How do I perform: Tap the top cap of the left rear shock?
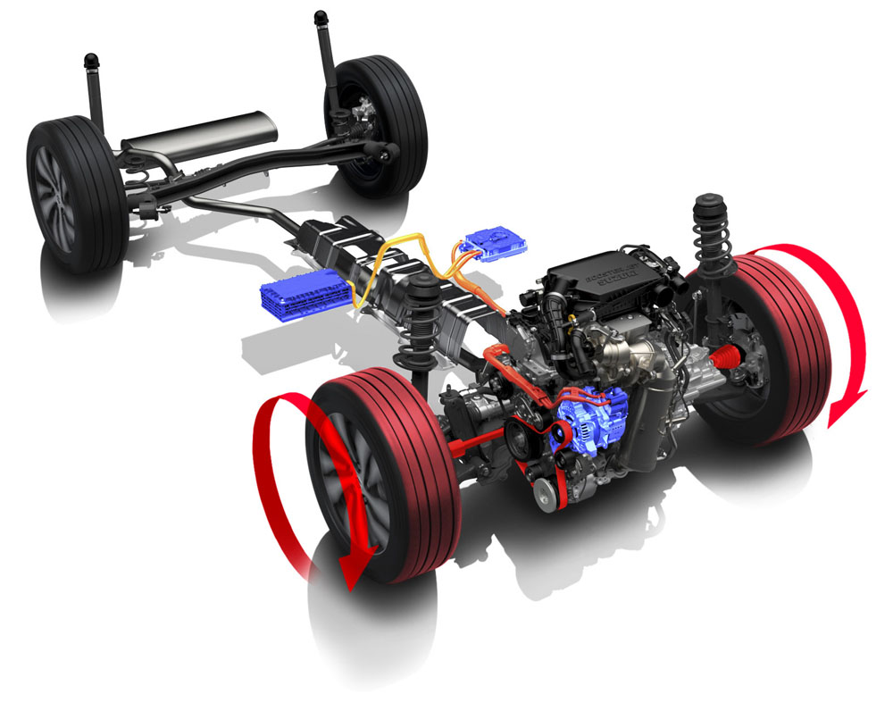click(x=90, y=62)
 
